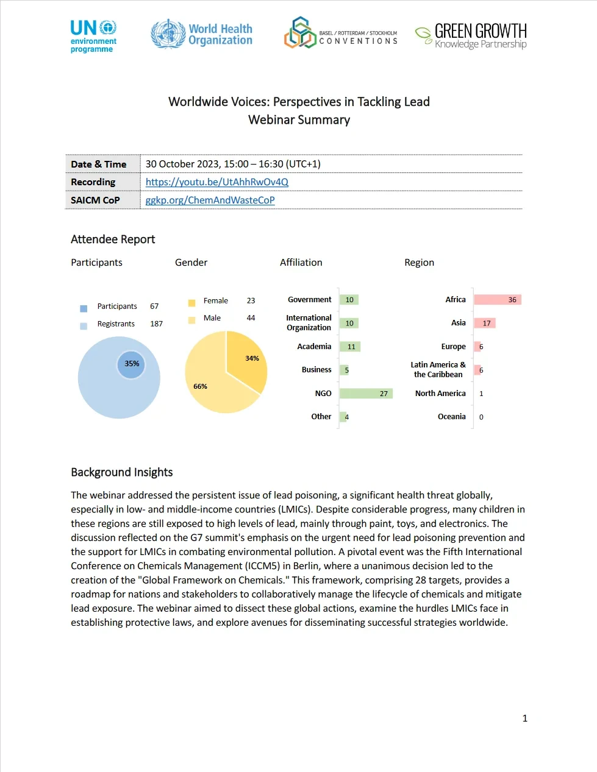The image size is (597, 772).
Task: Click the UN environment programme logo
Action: [93, 36]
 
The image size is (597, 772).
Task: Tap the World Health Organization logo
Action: [201, 34]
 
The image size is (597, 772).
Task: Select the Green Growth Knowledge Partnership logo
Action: [471, 35]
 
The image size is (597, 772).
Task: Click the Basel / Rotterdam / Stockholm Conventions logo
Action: [340, 34]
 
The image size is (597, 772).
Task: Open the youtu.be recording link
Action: [216, 182]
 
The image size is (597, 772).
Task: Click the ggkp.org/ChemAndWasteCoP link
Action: [210, 200]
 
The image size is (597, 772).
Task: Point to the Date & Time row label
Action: [99, 164]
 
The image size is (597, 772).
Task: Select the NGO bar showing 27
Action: [365, 394]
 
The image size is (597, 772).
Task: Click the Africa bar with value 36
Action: [498, 300]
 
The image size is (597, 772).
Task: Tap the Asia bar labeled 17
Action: [485, 324]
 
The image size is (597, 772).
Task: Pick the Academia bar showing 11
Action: [350, 347]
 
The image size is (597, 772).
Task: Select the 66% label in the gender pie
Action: [200, 386]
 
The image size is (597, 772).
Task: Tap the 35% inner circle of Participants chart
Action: [131, 364]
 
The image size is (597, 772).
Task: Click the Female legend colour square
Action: [191, 302]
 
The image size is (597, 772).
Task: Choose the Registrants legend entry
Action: [116, 324]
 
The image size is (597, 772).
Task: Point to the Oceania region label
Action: [451, 417]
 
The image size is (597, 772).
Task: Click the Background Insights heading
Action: [122, 472]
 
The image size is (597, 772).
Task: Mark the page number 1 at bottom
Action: [524, 718]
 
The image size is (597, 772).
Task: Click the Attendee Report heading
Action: [113, 239]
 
